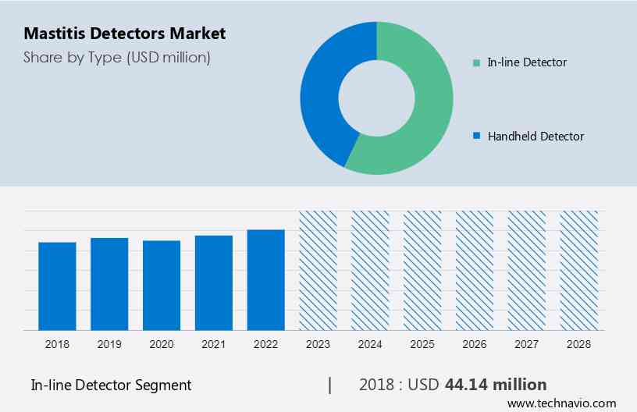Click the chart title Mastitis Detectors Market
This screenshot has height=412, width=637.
[124, 34]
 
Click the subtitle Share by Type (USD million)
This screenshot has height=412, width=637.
[117, 57]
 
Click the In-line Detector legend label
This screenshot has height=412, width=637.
[527, 62]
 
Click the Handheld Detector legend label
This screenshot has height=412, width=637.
[536, 137]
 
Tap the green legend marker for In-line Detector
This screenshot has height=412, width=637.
[477, 62]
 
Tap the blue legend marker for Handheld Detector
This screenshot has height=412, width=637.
[477, 137]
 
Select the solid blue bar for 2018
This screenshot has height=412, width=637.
[57, 286]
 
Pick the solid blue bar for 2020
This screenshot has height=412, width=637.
[162, 286]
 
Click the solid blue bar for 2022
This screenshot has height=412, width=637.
[266, 280]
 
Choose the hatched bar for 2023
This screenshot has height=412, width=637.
[318, 271]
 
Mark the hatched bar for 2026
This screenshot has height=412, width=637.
[475, 271]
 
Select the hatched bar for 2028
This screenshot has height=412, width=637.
[579, 271]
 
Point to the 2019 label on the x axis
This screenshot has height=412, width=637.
[109, 343]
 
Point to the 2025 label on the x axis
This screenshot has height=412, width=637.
[422, 343]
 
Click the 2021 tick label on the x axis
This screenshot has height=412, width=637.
[214, 343]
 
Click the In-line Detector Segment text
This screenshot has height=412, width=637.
[111, 385]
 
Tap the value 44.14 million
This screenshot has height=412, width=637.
[496, 385]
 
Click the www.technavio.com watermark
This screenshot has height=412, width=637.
[561, 403]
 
